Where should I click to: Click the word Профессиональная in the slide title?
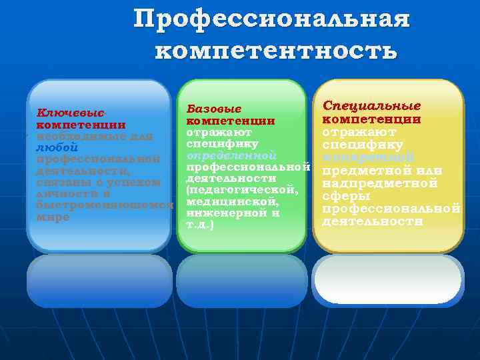271,19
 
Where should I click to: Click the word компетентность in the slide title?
276,50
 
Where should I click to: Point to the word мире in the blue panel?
53,217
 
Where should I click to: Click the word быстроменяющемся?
103,205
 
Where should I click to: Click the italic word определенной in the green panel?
231,155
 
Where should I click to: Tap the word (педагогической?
242,191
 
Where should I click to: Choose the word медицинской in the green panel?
233,202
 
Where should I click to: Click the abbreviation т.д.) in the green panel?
200,225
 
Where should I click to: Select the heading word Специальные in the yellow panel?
371,106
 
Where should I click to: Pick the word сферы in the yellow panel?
347,196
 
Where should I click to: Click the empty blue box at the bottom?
99,281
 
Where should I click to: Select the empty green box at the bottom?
242,281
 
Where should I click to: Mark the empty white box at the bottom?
388,280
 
